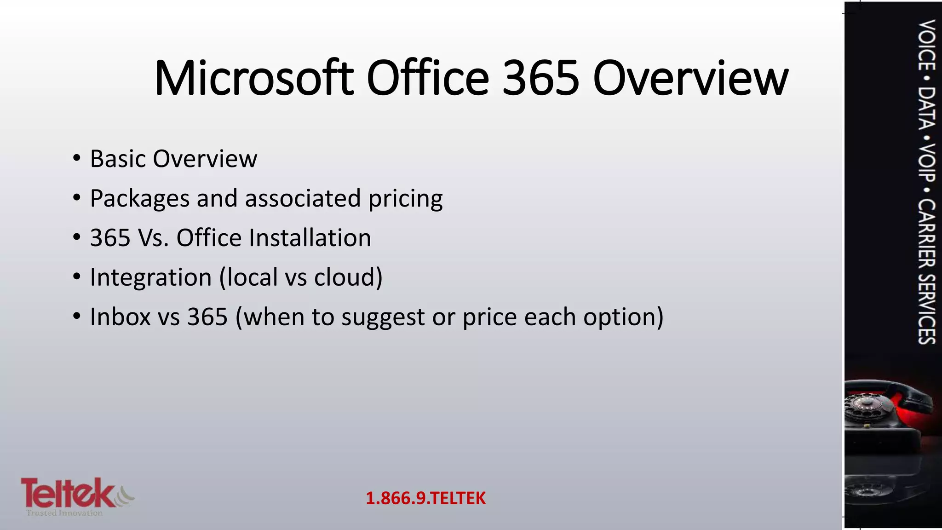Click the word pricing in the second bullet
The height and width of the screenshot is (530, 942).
(x=405, y=199)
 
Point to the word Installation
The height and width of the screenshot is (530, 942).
(x=310, y=238)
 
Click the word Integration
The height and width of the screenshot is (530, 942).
(x=150, y=277)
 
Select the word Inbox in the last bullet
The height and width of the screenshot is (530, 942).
(x=120, y=317)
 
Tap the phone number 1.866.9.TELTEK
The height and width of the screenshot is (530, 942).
(x=425, y=498)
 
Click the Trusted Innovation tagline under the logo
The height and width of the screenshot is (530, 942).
(x=64, y=513)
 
